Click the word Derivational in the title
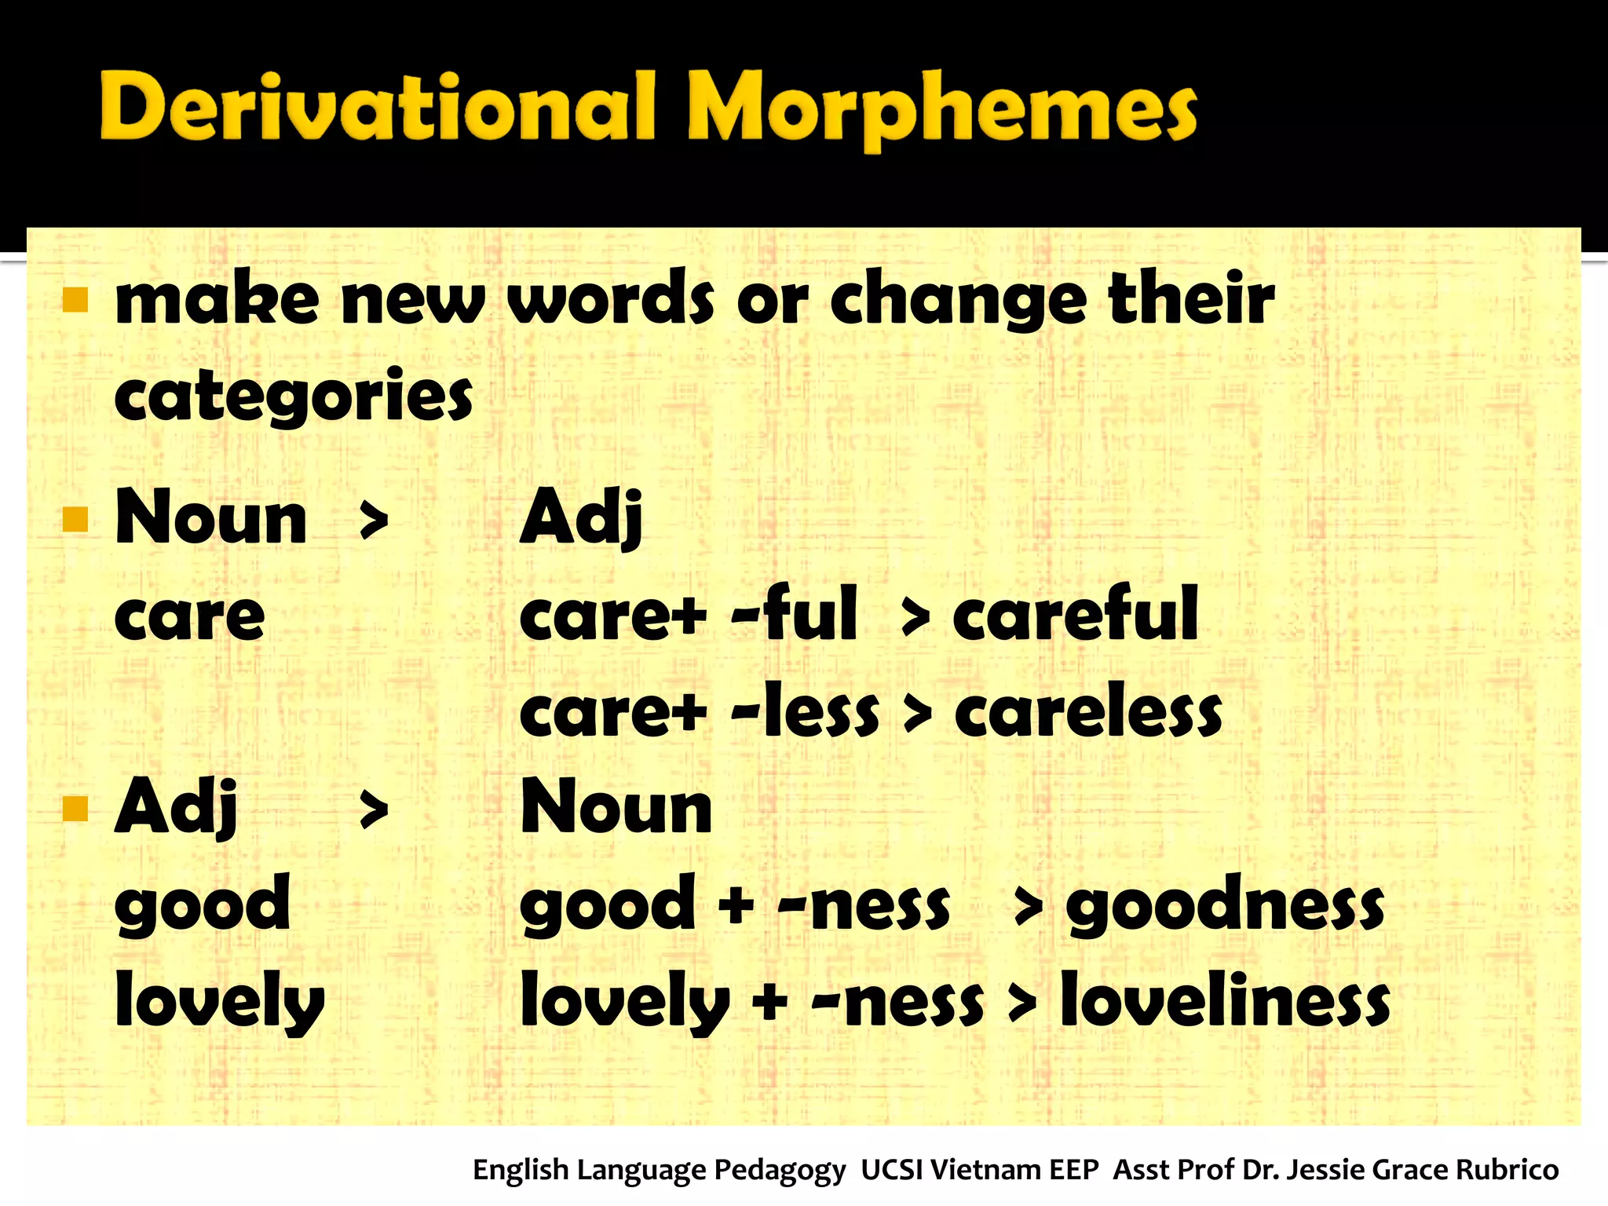[377, 106]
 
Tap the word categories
[293, 397]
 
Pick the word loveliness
[1225, 1001]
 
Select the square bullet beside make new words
[75, 299]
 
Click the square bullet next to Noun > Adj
[75, 519]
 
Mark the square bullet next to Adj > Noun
[75, 809]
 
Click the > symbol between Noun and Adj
[374, 521]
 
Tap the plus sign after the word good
[736, 904]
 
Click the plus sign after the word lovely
[769, 1002]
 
